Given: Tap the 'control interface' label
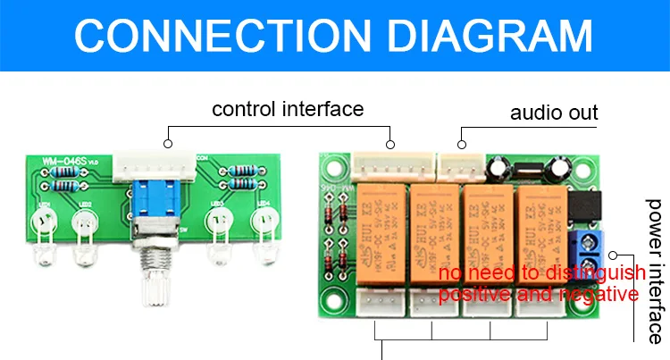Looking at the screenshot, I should point(288,109).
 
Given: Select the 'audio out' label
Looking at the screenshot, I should point(554,113).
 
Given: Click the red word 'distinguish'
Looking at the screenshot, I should point(581,271).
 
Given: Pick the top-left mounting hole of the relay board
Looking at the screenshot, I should point(333,164).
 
